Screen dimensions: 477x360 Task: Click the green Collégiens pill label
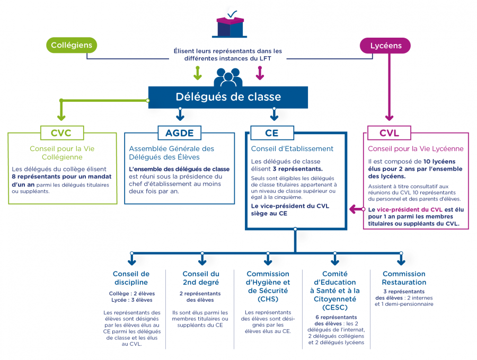(x=72, y=45)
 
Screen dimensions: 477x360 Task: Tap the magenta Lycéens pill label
(x=385, y=46)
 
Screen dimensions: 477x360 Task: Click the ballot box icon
(x=229, y=24)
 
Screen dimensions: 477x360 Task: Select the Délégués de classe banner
(x=228, y=97)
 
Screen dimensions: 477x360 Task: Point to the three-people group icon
(x=228, y=77)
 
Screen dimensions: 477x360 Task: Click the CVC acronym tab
(x=62, y=133)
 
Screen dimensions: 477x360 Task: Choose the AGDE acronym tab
(x=180, y=133)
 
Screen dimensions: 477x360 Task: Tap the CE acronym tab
(x=272, y=133)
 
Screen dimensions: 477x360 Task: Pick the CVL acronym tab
(x=389, y=133)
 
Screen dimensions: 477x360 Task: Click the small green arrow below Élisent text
(x=198, y=73)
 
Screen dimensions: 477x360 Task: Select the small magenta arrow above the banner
(x=260, y=73)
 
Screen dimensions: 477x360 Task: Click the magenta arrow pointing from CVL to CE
(x=357, y=209)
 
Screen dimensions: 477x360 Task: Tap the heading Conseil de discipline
(x=131, y=278)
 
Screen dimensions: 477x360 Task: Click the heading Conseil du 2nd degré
(x=201, y=278)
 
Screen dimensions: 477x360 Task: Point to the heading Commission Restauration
(x=404, y=278)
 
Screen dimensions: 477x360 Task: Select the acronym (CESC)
(x=335, y=308)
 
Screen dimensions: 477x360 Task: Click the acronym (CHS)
(x=268, y=299)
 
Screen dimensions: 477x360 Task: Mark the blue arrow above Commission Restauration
(x=401, y=259)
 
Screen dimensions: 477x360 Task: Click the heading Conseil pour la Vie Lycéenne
(x=416, y=149)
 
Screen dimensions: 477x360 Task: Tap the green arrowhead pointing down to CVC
(x=61, y=117)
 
